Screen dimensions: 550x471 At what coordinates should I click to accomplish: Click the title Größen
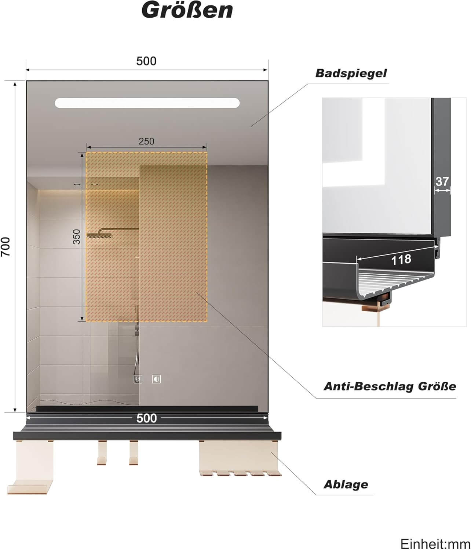point(187,10)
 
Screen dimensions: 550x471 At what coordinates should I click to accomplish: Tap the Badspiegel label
point(351,73)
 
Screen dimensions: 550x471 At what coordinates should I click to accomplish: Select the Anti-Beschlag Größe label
point(390,386)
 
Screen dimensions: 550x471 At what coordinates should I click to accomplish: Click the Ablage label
point(346,484)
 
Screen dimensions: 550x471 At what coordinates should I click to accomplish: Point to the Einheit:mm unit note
point(435,543)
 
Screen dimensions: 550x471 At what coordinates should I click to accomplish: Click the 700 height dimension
point(6,246)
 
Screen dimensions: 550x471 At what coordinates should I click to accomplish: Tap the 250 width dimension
point(146,141)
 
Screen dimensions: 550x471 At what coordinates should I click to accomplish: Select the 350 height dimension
point(76,236)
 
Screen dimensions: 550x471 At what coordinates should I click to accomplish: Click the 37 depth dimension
point(442,181)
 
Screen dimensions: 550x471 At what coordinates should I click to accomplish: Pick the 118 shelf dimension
point(401,260)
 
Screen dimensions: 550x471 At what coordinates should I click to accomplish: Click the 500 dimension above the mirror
point(146,61)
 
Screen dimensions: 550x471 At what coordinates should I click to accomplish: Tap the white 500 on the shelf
point(146,418)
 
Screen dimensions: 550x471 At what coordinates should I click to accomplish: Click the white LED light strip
point(147,103)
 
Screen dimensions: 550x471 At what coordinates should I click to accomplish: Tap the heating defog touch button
point(138,379)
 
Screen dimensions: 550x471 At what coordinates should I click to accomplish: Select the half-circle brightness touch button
point(157,379)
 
